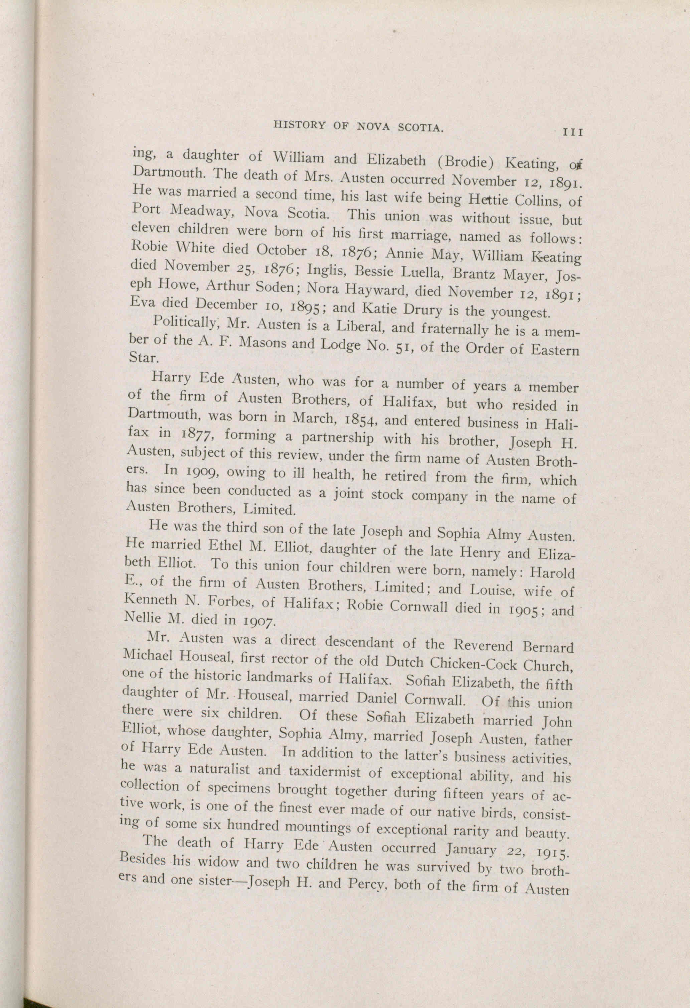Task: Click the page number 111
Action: click(x=572, y=132)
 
